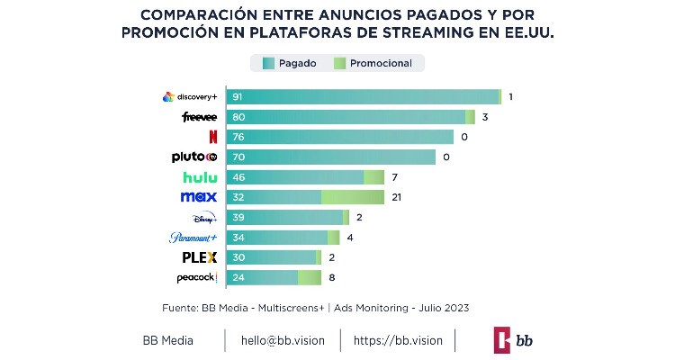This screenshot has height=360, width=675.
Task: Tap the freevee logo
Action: tap(198, 117)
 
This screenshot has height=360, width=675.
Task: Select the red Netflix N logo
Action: tap(212, 137)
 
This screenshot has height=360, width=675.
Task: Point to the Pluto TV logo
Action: tap(194, 157)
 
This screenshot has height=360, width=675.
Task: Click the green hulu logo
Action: tap(200, 177)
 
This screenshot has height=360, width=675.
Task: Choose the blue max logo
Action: tap(198, 197)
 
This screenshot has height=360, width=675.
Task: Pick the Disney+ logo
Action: tap(204, 218)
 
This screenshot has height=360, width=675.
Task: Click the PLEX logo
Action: tap(200, 257)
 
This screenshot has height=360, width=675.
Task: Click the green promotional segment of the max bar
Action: tap(353, 197)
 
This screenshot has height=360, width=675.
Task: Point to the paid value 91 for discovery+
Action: tap(238, 97)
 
